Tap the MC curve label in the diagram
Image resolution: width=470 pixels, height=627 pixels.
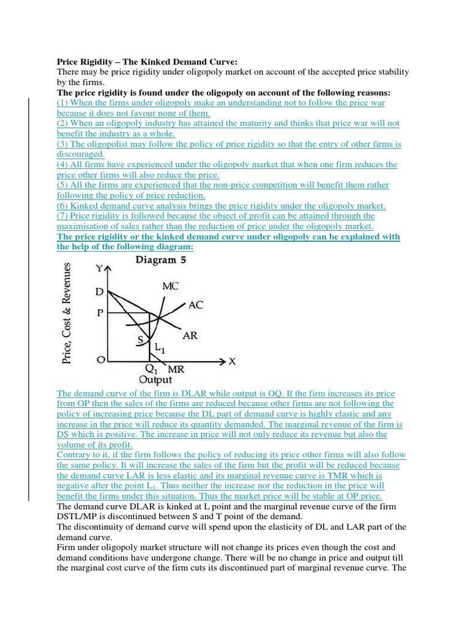[x=171, y=285]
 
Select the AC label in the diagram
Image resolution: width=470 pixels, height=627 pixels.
[x=195, y=304]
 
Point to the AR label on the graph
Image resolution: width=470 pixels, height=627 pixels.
[x=190, y=336]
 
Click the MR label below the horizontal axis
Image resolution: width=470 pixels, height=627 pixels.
[x=176, y=370]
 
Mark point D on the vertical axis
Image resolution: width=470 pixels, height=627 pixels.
[x=99, y=292]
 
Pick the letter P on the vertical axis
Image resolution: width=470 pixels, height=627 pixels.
[x=99, y=312]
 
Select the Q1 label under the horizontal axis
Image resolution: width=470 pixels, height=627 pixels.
[x=150, y=370]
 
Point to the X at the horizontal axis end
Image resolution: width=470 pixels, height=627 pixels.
[x=232, y=361]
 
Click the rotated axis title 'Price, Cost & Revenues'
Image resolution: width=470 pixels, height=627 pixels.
[x=70, y=312]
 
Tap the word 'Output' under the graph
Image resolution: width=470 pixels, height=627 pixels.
[x=156, y=380]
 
